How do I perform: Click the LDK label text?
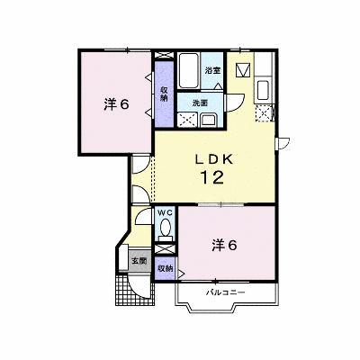point(214,159)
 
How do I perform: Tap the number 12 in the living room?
point(212,177)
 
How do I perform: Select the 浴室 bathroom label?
point(212,71)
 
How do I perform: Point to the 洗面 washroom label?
point(200,103)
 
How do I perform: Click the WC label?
point(165,213)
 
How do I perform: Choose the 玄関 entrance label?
point(139,261)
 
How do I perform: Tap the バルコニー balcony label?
point(226,292)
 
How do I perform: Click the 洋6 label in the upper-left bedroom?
point(116,104)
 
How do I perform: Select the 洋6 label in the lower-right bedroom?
point(224,246)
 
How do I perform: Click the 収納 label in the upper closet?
point(164,94)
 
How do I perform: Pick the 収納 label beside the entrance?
point(166,268)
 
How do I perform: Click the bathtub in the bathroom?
point(188,70)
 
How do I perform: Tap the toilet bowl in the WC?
point(165,228)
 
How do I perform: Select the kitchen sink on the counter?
point(263,90)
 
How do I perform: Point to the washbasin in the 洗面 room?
point(210,120)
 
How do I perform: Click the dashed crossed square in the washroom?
point(187,120)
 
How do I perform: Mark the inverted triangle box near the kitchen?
point(243,69)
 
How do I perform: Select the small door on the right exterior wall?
point(283,143)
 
